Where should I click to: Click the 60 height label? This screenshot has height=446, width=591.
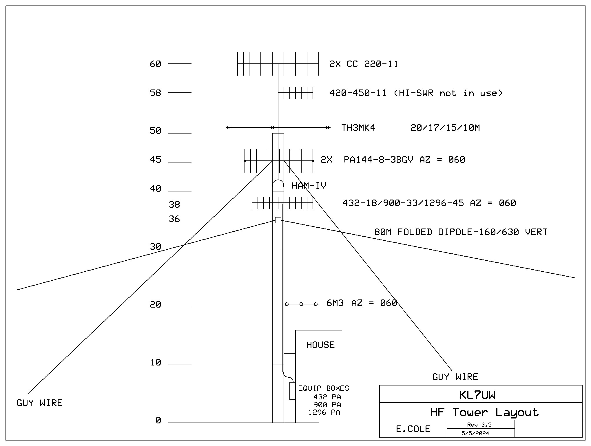(155, 64)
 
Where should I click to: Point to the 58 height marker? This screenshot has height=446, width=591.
(155, 93)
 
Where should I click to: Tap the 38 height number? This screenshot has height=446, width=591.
(174, 205)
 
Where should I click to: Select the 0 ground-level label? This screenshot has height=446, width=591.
(158, 420)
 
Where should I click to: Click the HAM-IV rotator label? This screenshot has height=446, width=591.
(309, 186)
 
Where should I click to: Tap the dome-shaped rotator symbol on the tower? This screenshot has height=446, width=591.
(278, 185)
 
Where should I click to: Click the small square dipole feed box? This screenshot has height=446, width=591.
(278, 220)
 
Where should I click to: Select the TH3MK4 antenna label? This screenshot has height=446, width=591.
(358, 128)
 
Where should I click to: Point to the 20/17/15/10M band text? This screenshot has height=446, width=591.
(445, 128)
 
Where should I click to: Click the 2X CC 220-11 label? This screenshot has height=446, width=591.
(364, 64)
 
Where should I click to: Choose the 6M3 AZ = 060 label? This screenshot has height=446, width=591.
(362, 303)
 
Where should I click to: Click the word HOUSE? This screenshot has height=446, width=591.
(320, 345)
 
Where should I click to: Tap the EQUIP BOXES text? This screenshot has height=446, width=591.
(324, 388)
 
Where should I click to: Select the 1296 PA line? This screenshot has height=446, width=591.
(324, 412)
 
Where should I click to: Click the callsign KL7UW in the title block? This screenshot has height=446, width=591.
(477, 395)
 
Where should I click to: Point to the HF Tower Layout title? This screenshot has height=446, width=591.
(484, 412)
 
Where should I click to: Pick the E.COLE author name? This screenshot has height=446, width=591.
(413, 429)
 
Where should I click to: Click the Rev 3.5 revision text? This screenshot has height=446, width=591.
(479, 425)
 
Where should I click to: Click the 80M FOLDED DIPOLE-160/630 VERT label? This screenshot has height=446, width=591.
(461, 232)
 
